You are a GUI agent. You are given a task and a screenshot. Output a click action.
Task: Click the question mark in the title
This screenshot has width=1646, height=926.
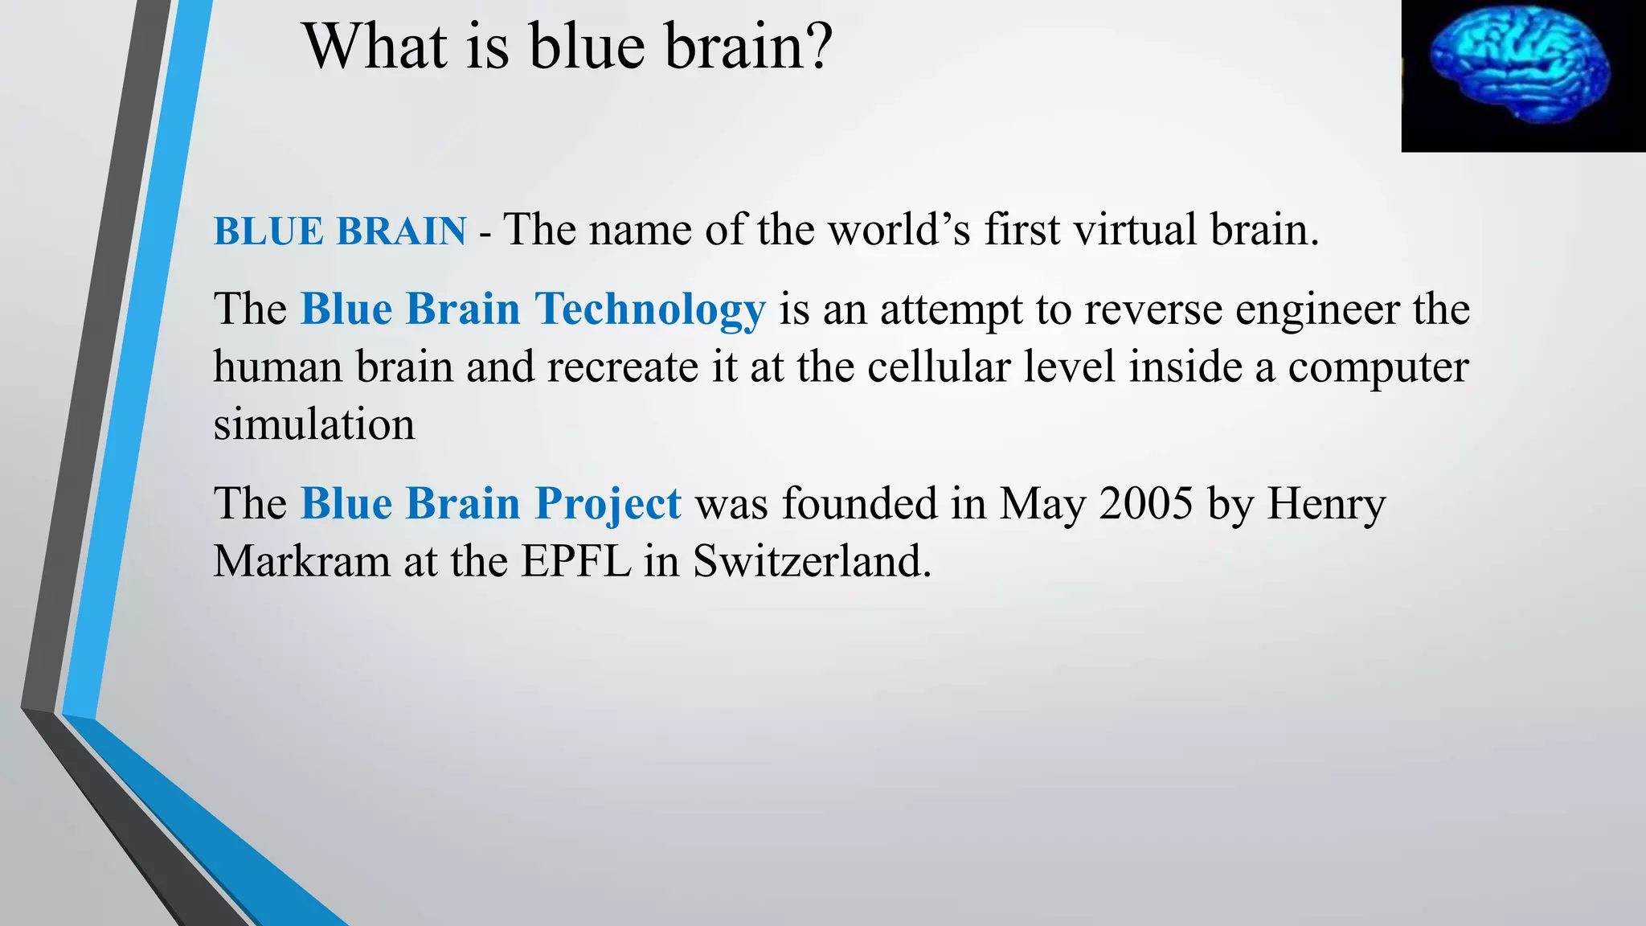[x=818, y=47]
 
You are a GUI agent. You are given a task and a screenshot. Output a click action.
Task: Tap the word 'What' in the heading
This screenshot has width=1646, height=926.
[x=374, y=47]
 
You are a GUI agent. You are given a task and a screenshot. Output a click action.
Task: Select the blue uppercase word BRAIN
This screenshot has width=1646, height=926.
[x=401, y=231]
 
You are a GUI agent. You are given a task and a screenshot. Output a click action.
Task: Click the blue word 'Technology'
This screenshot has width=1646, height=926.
[x=649, y=310]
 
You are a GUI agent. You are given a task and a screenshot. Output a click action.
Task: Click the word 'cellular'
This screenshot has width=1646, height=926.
[x=938, y=367]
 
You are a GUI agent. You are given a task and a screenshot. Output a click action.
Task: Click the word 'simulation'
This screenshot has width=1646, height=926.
[x=313, y=424]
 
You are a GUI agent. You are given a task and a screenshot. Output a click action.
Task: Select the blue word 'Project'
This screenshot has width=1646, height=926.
[x=608, y=505]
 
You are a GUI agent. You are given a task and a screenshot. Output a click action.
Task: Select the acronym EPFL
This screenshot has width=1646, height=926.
[x=575, y=561]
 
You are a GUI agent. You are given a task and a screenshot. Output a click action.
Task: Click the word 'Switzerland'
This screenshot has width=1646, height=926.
[x=812, y=561]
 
